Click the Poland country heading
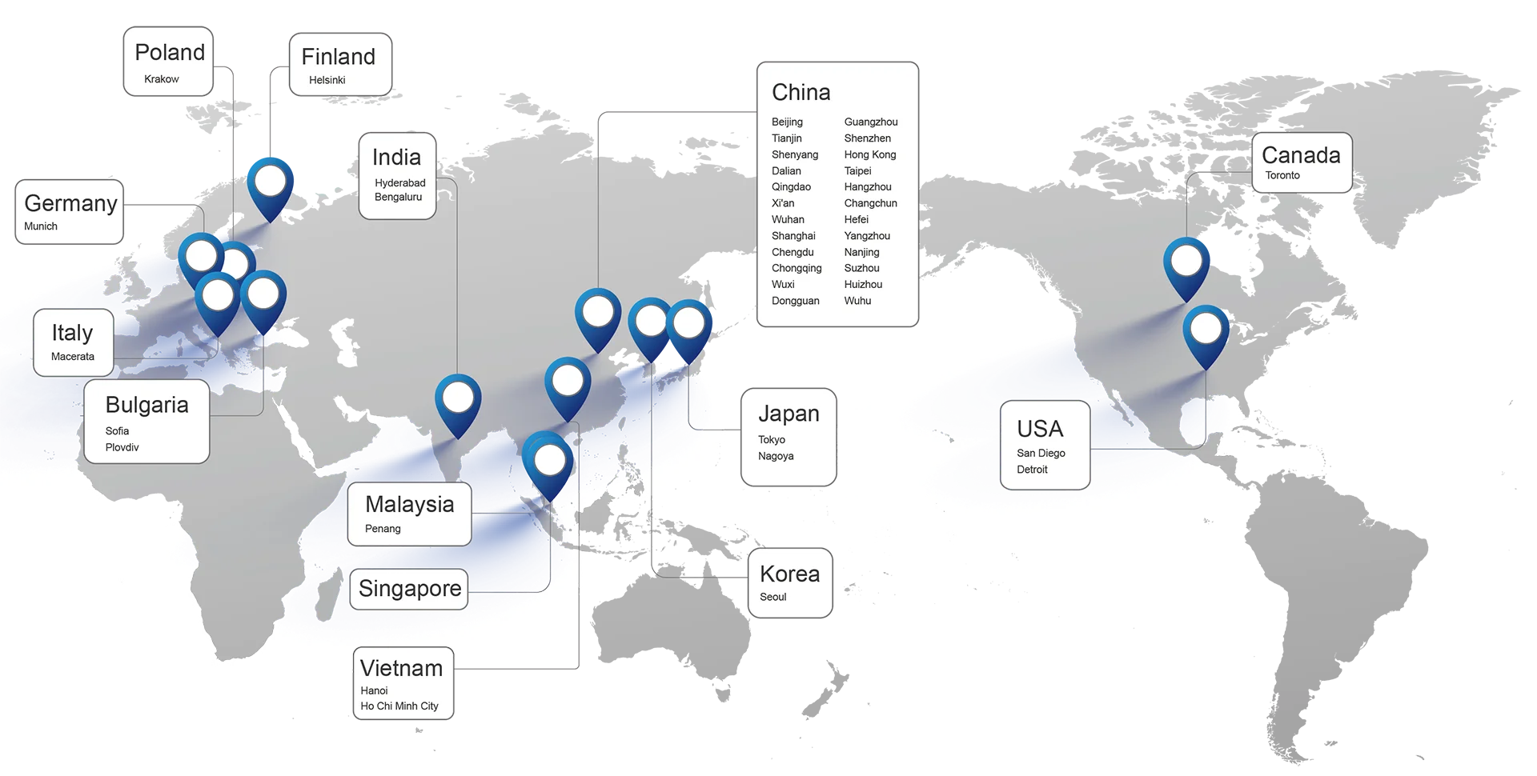170,53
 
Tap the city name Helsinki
327,80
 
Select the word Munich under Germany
41,226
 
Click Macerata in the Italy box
73,357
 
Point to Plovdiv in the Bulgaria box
122,447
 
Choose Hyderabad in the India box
399,183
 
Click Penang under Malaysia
383,529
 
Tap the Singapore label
410,589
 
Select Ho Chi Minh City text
399,706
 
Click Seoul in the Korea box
773,597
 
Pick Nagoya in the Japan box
776,456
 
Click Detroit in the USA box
1032,470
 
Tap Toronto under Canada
1282,175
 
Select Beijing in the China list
787,122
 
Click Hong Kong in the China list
869,155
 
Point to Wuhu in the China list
857,301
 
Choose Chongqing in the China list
797,269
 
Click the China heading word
801,93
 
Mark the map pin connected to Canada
1186,262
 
